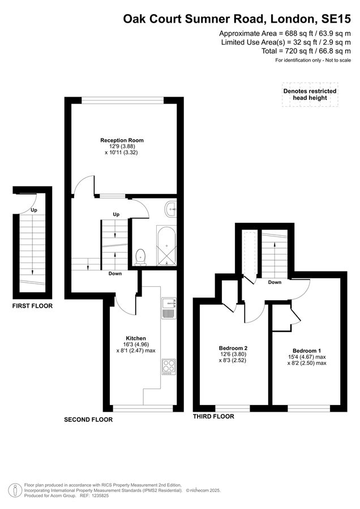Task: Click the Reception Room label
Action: [122, 140]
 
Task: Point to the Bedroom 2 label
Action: [233, 348]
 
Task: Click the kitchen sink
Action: [169, 309]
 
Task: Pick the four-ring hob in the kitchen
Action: [169, 366]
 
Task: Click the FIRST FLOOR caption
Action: [32, 306]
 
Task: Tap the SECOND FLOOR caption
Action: [88, 420]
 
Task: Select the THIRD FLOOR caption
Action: [213, 416]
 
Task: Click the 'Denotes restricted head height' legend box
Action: [310, 94]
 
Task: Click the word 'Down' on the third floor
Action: [275, 282]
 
